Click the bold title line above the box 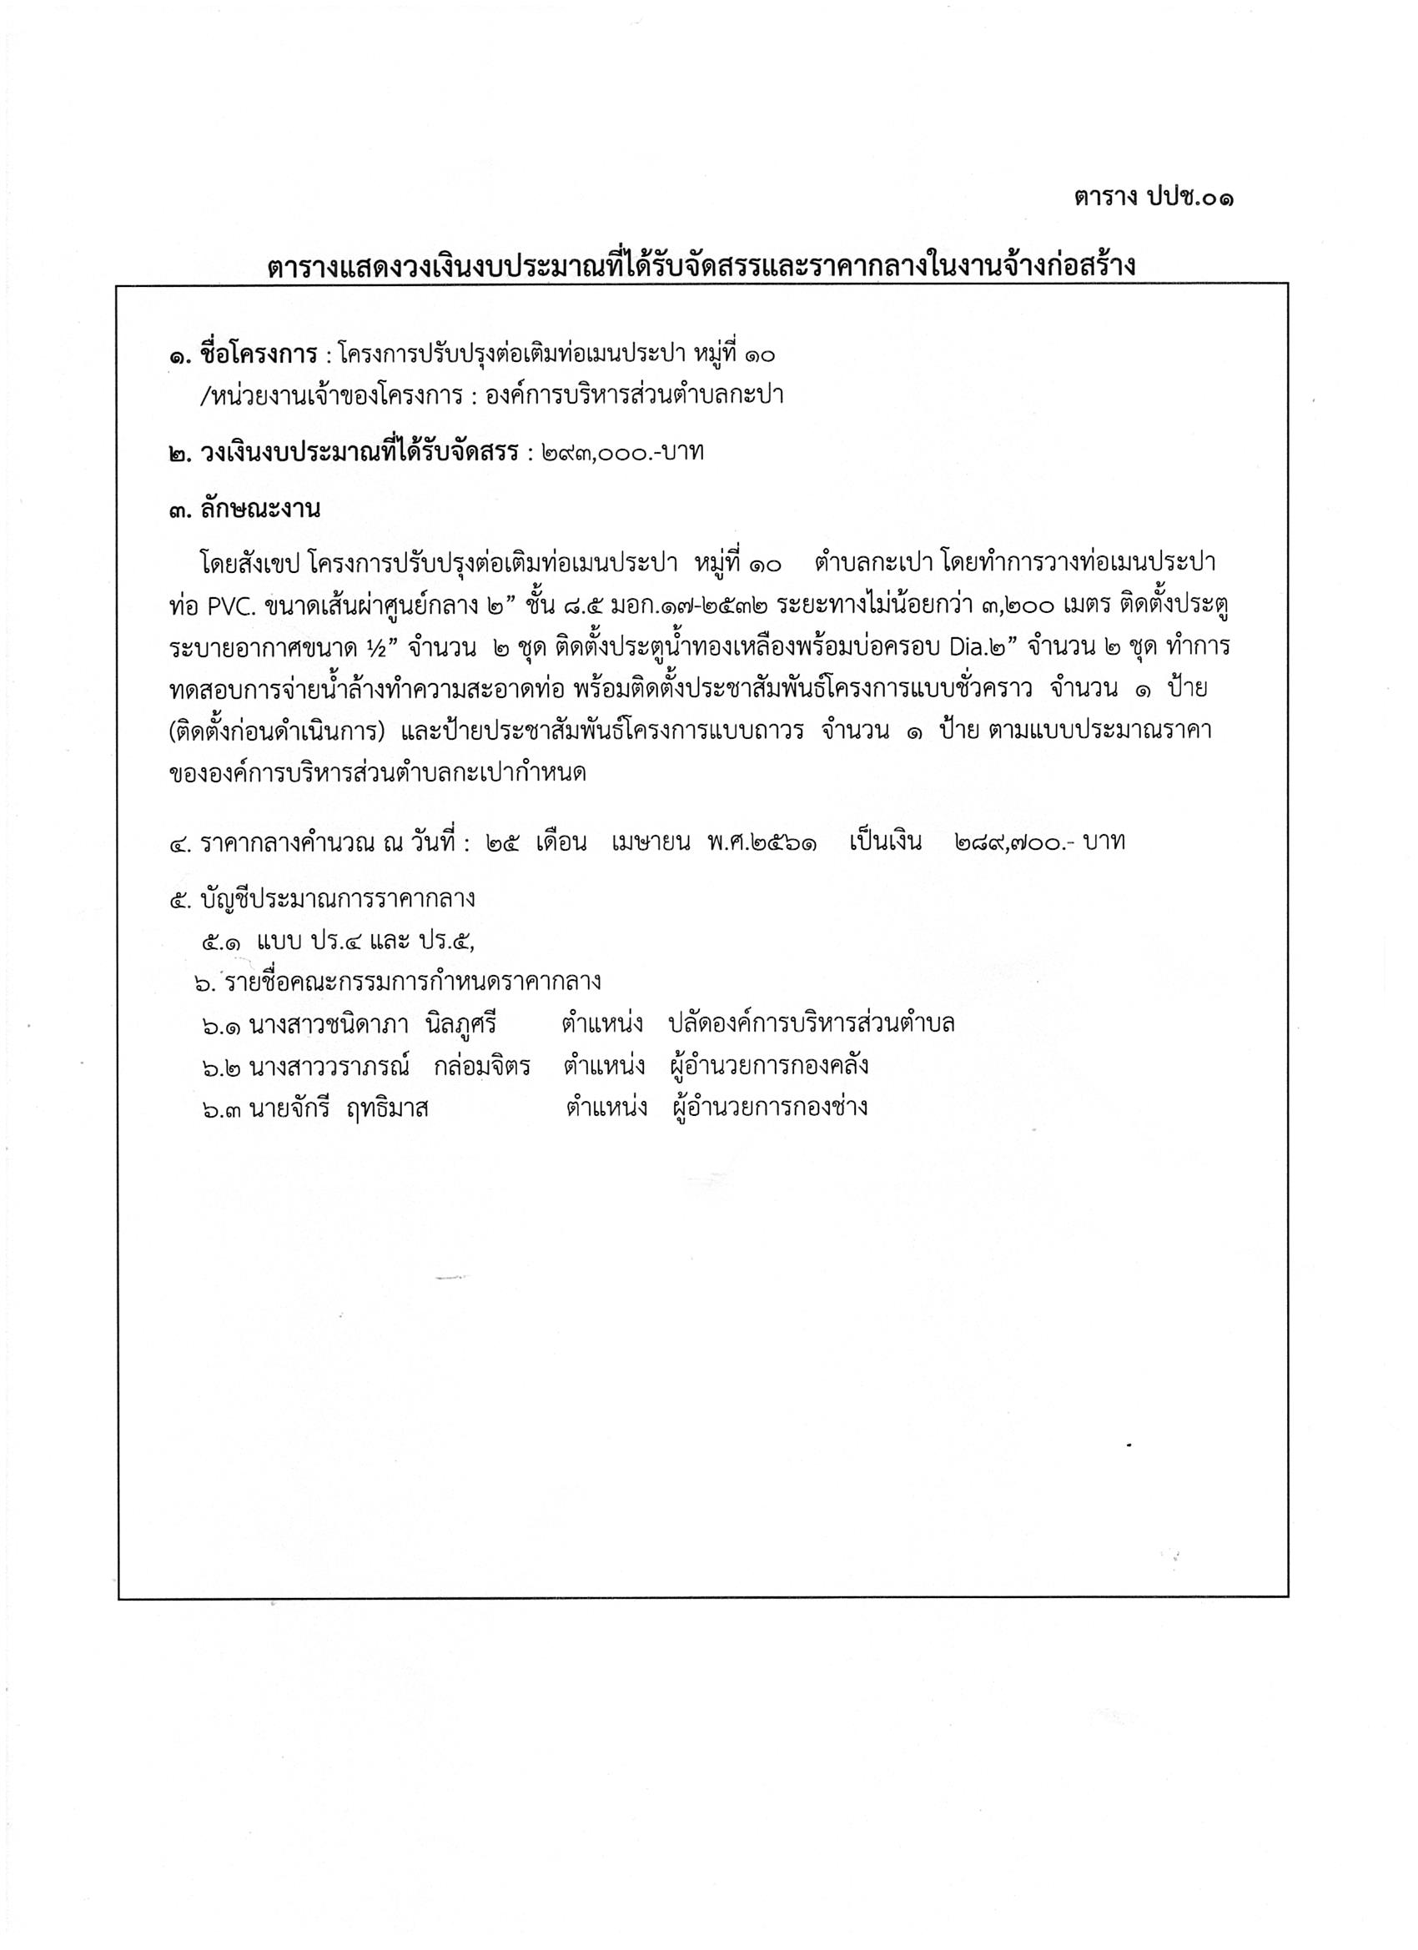tap(701, 266)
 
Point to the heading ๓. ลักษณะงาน tap(245, 510)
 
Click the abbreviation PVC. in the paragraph tap(229, 606)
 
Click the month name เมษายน tap(651, 842)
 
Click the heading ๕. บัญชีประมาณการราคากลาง tap(323, 899)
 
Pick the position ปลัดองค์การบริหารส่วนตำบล tap(811, 1024)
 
